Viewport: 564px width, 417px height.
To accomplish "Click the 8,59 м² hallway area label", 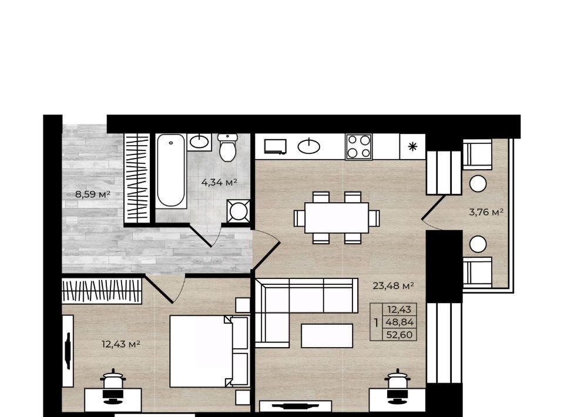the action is pos(92,194).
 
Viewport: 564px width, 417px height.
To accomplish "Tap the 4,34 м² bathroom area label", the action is pos(219,182).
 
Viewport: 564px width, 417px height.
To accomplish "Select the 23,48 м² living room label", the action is pos(393,286).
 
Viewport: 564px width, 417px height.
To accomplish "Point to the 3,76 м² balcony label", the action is pos(486,212).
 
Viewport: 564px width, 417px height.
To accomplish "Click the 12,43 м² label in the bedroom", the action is pos(121,344).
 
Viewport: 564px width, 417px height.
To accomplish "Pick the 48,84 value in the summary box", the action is pos(399,322).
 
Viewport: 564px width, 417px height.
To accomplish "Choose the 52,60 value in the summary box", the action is pos(399,335).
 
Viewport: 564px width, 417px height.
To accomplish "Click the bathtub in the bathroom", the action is pos(171,171).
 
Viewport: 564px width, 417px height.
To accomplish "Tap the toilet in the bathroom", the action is pos(227,147).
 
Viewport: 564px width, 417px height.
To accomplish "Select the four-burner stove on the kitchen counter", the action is pos(359,146).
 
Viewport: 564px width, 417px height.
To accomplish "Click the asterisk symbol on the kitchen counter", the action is pos(412,147).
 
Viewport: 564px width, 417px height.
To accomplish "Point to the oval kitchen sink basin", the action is pos(309,146).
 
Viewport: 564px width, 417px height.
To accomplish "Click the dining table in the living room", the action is pos(337,218).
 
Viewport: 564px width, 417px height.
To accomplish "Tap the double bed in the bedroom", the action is pos(209,351).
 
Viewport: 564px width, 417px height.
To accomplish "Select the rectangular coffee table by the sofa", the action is pos(327,336).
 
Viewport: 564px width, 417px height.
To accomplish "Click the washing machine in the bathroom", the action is pos(239,211).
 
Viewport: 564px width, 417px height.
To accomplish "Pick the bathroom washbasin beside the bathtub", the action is pos(199,142).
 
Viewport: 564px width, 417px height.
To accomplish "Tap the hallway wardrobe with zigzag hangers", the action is pos(137,179).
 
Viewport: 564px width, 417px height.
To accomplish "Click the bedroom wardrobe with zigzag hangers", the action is pos(102,291).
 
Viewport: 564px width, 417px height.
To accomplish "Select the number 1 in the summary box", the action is pos(376,322).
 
